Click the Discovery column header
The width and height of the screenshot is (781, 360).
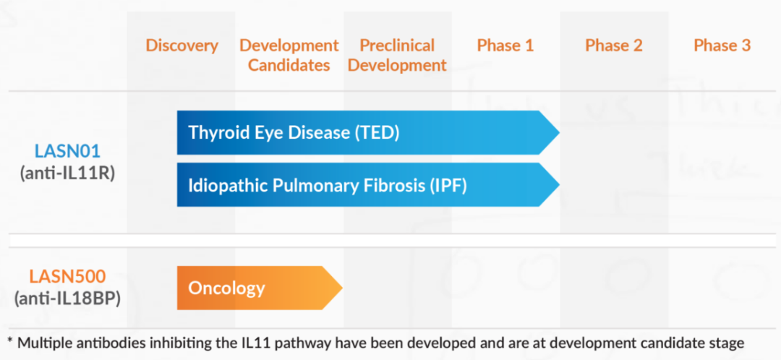pyautogui.click(x=182, y=46)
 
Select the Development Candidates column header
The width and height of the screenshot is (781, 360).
pyautogui.click(x=289, y=55)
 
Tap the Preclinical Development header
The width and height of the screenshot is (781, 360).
pyautogui.click(x=397, y=55)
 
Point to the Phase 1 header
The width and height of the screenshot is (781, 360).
pyautogui.click(x=505, y=46)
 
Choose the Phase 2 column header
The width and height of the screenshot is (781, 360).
pyautogui.click(x=614, y=46)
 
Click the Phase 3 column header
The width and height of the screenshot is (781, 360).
pyautogui.click(x=722, y=46)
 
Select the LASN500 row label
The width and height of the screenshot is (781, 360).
pyautogui.click(x=67, y=276)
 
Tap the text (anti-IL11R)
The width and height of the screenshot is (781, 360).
pyautogui.click(x=67, y=173)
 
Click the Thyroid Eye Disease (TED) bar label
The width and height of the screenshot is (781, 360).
pyautogui.click(x=294, y=133)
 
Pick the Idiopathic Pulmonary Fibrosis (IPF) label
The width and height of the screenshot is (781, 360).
pyautogui.click(x=328, y=185)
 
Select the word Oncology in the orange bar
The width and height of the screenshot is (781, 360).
pyautogui.click(x=226, y=288)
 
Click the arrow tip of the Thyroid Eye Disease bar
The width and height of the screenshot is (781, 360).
pyautogui.click(x=559, y=132)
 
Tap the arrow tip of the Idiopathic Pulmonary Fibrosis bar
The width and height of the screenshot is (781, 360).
pyautogui.click(x=559, y=185)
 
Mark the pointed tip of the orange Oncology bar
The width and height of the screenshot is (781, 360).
pyautogui.click(x=342, y=288)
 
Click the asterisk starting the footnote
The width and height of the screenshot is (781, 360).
pyautogui.click(x=10, y=341)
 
